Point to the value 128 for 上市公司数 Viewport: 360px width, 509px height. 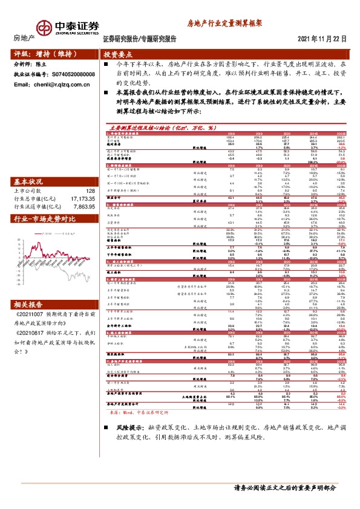coord(91,191)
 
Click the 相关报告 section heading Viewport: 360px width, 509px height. coord(29,305)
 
